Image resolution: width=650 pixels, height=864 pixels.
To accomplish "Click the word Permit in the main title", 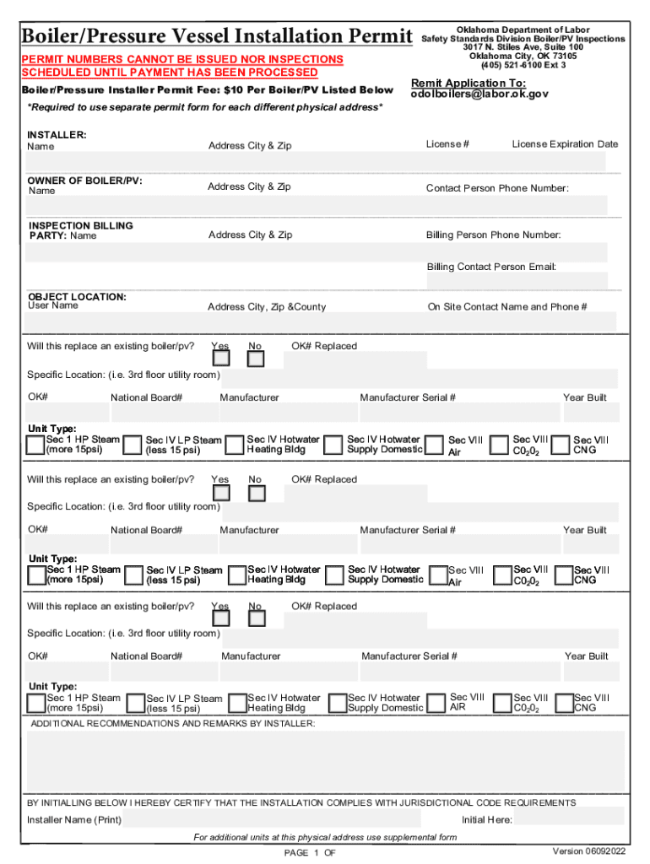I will [372, 37].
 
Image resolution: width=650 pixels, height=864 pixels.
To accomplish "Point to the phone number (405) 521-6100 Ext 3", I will [523, 65].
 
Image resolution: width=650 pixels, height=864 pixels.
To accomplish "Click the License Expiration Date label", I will [565, 144].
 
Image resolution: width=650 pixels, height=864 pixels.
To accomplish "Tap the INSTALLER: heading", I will [57, 135].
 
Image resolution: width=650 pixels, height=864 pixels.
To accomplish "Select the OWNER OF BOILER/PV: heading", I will [84, 181].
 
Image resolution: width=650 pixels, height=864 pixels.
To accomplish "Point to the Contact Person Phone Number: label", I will [497, 188].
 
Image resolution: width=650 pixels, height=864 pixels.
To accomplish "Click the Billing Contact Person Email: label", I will [491, 267].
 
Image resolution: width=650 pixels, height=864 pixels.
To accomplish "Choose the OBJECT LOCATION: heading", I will [77, 297].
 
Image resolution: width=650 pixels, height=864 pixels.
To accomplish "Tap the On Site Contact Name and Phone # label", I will [507, 307].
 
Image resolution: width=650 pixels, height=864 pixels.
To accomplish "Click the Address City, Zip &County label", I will [267, 307].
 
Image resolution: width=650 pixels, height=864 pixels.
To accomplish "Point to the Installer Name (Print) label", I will [74, 820].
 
